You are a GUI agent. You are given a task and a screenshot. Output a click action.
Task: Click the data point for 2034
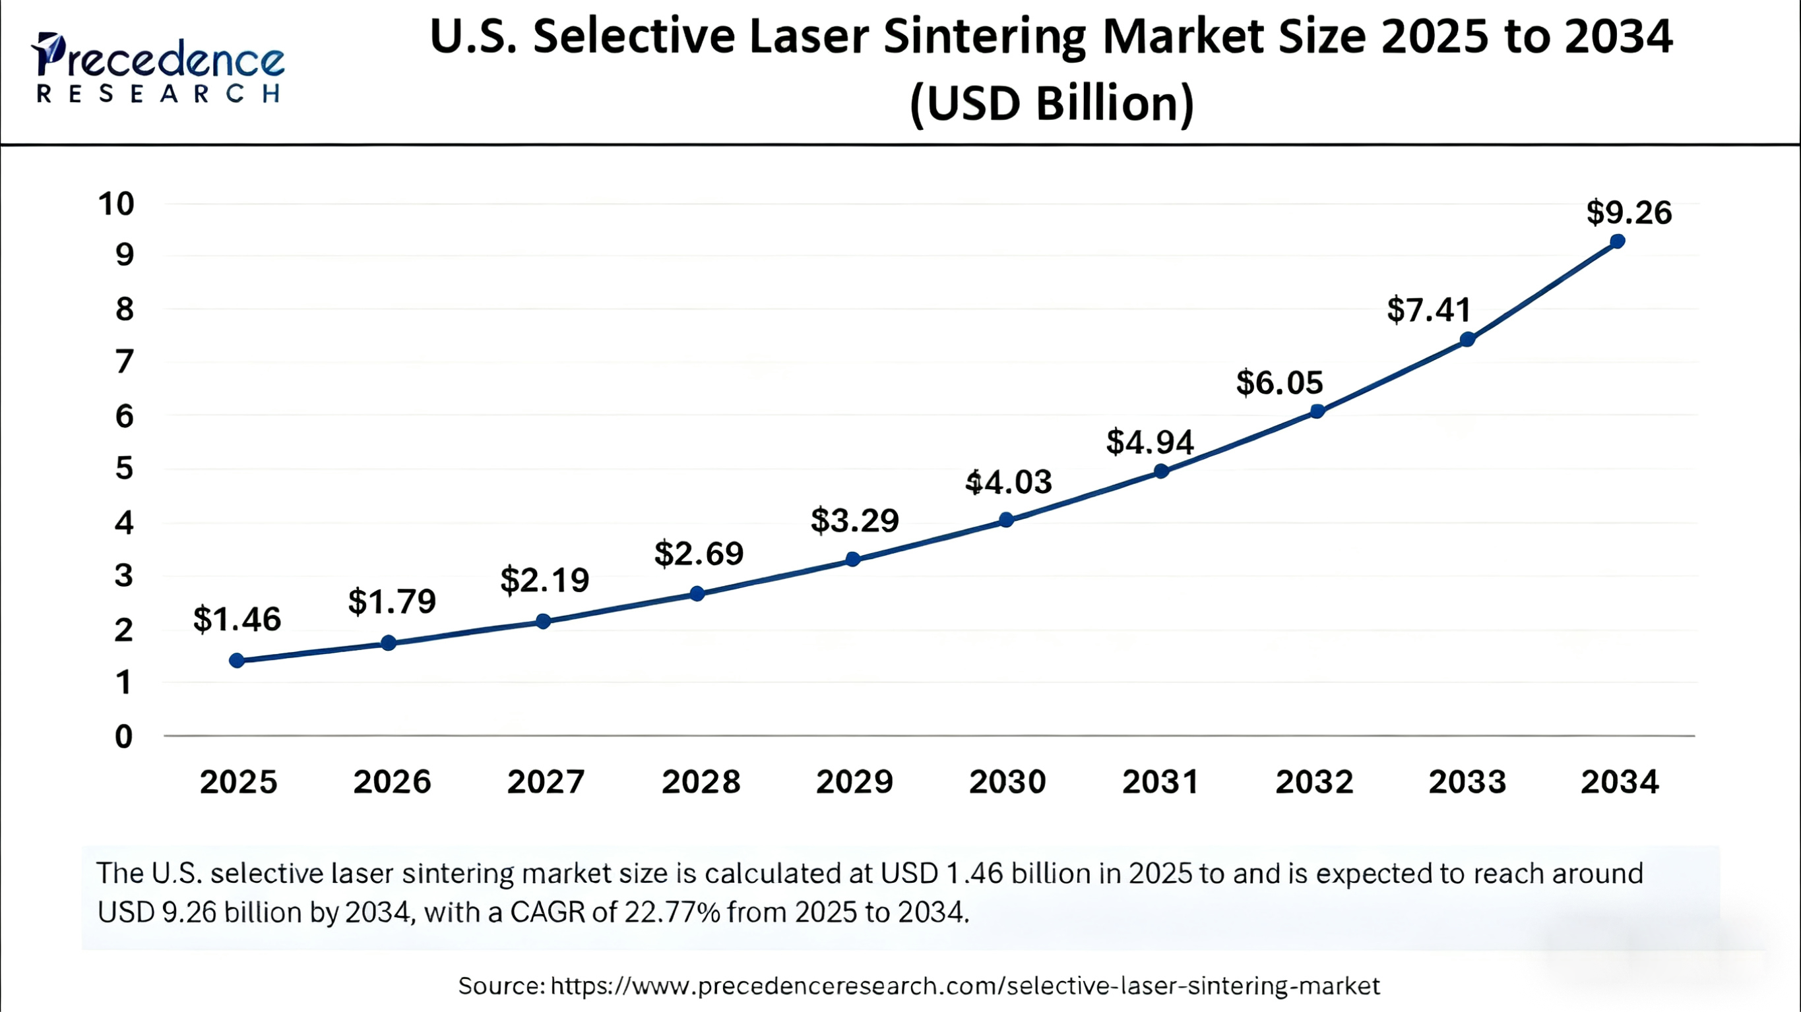point(1617,241)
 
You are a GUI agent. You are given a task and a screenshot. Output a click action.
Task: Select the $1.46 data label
point(237,618)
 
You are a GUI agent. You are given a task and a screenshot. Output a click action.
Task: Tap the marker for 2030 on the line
point(1006,520)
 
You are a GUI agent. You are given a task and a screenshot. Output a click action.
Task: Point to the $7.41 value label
point(1429,310)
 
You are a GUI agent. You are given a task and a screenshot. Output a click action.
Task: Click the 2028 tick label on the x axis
point(701,781)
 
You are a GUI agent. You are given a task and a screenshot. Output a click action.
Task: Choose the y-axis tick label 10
point(116,204)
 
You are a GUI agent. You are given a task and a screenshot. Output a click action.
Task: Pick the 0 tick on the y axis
point(124,736)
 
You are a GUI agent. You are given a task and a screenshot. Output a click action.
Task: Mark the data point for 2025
point(237,661)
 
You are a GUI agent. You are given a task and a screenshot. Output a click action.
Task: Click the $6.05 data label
point(1279,382)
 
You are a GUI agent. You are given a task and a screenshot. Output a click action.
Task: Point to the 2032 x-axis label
point(1313,781)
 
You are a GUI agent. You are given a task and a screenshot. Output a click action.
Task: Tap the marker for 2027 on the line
point(543,620)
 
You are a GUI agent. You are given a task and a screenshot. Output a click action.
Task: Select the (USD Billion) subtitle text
point(1052,104)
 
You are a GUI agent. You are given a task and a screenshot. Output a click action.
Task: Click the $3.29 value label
point(854,520)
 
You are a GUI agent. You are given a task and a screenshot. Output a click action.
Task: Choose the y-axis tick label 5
point(124,468)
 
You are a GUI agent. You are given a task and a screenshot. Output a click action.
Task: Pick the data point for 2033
point(1467,340)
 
